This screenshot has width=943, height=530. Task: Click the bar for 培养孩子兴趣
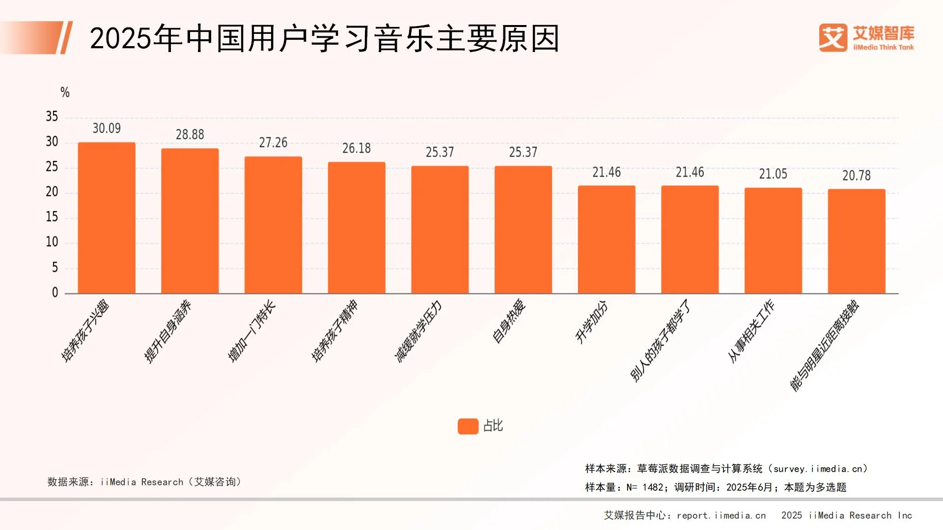click(x=107, y=218)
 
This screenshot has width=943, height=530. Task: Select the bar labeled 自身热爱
click(x=523, y=230)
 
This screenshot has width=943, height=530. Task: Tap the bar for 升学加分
click(x=607, y=239)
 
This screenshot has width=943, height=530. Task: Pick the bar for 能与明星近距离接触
click(x=857, y=241)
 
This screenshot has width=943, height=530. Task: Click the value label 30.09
click(x=107, y=129)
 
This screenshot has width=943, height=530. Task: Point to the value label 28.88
click(x=190, y=134)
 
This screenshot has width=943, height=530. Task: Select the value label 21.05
click(x=773, y=174)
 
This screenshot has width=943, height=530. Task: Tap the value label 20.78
click(x=857, y=176)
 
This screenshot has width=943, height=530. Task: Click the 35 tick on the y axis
click(x=52, y=117)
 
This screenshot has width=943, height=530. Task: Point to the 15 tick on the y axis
click(x=52, y=217)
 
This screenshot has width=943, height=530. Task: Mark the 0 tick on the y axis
click(x=55, y=292)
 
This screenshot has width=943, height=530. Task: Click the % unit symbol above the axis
click(x=65, y=92)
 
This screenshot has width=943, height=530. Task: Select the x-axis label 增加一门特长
click(x=251, y=331)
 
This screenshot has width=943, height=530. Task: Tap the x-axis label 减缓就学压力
click(x=418, y=332)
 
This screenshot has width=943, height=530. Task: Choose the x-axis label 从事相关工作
click(x=751, y=331)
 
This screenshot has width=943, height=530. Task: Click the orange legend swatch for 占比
click(x=468, y=426)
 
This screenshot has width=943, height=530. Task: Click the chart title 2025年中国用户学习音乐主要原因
click(x=324, y=38)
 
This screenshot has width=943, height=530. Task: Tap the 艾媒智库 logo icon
click(x=833, y=38)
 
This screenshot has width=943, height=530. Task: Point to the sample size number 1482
click(x=653, y=487)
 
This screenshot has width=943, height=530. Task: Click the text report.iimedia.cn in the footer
click(x=721, y=515)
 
